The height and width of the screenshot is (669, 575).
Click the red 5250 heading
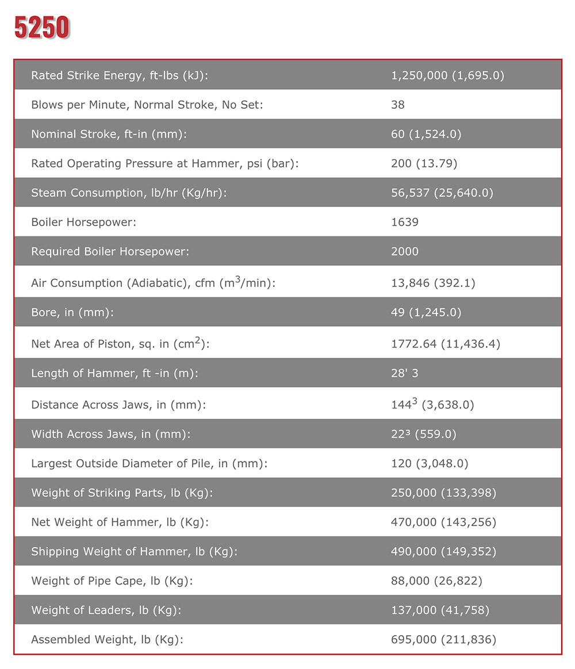pos(42,28)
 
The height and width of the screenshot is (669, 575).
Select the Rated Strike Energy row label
pos(119,75)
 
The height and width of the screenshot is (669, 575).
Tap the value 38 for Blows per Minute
pos(398,105)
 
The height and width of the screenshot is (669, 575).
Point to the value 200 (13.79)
pos(424,163)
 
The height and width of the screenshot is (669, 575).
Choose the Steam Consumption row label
pos(129,193)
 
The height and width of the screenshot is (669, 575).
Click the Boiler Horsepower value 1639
pos(405,222)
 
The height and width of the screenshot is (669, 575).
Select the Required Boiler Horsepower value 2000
pos(405,251)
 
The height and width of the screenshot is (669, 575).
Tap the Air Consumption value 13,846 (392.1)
pos(433,283)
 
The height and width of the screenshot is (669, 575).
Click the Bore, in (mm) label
pos(72,312)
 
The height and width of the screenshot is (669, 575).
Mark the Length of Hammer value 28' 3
pos(405,373)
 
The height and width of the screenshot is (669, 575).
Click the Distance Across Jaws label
pos(118,405)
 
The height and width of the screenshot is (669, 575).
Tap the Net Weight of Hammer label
pos(120,522)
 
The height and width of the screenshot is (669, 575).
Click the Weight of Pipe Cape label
pos(112,581)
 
